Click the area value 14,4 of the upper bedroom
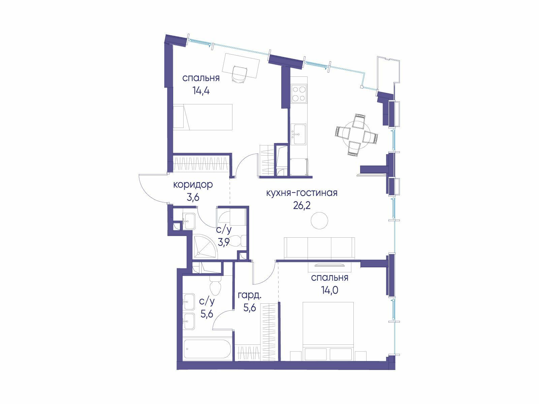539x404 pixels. click(x=201, y=91)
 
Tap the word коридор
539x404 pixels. click(x=193, y=185)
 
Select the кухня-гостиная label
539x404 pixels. click(x=302, y=193)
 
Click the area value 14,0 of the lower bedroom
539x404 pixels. click(x=329, y=291)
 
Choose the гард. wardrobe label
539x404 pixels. click(x=250, y=296)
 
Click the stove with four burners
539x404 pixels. click(x=299, y=94)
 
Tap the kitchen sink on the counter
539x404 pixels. click(x=298, y=134)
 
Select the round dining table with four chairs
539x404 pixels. click(x=356, y=135)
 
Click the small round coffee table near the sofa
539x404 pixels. click(x=319, y=220)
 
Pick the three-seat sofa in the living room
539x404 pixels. click(x=319, y=248)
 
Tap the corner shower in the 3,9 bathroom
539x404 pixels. click(x=205, y=246)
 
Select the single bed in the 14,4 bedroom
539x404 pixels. click(x=203, y=117)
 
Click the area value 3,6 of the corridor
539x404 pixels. click(x=193, y=198)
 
